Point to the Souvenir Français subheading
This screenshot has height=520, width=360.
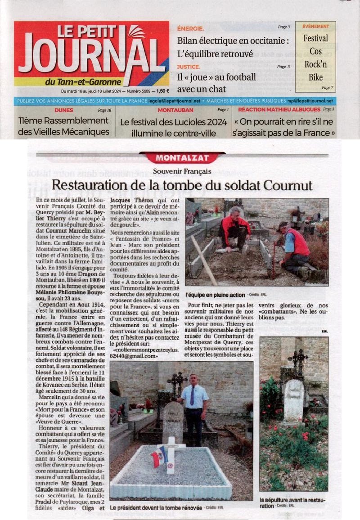coord(182,171)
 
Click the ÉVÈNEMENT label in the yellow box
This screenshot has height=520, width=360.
coord(315,27)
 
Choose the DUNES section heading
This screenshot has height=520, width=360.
coord(63,110)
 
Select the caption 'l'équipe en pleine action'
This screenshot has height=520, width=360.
coord(215,295)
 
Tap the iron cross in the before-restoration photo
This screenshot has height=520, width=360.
coord(298,362)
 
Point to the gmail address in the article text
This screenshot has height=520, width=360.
coord(138,352)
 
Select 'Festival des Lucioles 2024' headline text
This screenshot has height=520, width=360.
coord(173,122)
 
